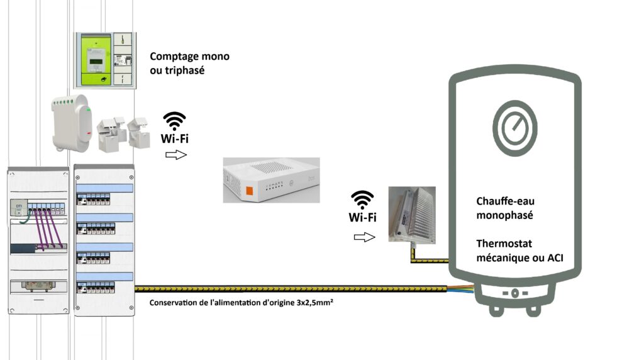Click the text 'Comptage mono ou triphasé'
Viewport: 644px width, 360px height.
tap(189, 64)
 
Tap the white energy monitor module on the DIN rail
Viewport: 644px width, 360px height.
tap(71, 123)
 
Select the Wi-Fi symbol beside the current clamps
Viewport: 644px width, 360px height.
tap(174, 120)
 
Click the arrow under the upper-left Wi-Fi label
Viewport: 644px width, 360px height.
tap(175, 155)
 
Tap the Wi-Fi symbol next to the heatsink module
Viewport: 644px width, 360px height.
tap(363, 200)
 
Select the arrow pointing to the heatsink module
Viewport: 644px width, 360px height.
tap(364, 237)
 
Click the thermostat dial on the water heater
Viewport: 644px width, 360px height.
tap(514, 128)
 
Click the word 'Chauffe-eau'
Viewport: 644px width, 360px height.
tap(505, 201)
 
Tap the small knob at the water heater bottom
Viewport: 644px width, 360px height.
tap(514, 293)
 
